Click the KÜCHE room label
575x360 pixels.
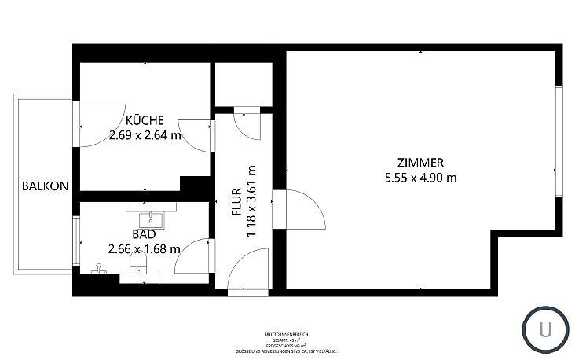[145, 120]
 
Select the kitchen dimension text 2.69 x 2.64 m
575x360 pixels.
[145, 134]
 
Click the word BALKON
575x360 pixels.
[45, 186]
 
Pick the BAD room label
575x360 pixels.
[144, 234]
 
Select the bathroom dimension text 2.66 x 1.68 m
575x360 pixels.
[144, 248]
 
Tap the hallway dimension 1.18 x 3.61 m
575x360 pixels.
[252, 201]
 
